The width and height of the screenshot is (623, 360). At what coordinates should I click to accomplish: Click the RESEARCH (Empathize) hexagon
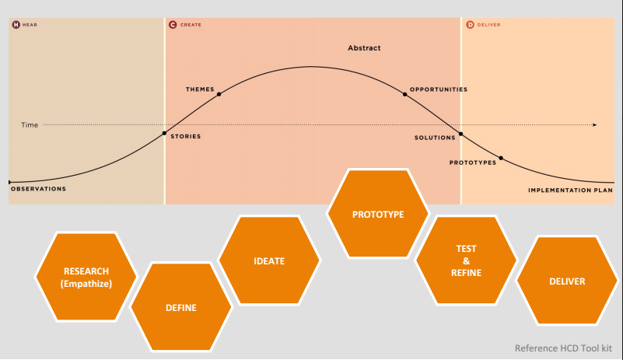[x=86, y=277]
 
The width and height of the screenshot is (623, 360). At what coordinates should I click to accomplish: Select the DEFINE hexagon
[x=180, y=308]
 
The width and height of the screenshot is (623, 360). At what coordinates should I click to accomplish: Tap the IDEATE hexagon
[x=269, y=261]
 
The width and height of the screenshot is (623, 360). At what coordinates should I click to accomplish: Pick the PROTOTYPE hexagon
[x=378, y=214]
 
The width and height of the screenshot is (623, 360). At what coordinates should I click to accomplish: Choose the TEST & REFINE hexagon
[x=466, y=261]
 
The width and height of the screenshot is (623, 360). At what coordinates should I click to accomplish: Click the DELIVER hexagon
[x=566, y=281]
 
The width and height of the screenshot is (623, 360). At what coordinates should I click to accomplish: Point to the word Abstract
[x=364, y=48]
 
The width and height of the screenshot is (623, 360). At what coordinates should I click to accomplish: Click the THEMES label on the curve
[x=200, y=89]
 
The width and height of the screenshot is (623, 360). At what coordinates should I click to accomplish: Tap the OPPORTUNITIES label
[x=439, y=89]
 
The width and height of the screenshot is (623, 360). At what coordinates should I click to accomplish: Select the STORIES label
[x=185, y=137]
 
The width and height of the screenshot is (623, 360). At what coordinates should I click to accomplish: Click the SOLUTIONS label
[x=435, y=138]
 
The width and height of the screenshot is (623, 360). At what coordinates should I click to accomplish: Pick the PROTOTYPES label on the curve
[x=473, y=163]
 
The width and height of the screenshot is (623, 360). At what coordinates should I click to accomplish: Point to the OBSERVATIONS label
[x=38, y=189]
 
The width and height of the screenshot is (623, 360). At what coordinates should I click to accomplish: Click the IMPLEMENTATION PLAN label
[x=570, y=190]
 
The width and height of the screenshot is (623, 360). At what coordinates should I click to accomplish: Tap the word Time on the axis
[x=30, y=124]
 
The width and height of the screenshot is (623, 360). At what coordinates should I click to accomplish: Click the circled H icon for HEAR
[x=16, y=25]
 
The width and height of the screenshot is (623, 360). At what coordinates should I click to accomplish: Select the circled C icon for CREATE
[x=172, y=25]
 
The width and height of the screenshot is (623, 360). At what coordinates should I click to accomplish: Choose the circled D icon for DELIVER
[x=470, y=25]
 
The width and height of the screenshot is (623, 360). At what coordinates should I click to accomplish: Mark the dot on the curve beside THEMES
[x=219, y=94]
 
